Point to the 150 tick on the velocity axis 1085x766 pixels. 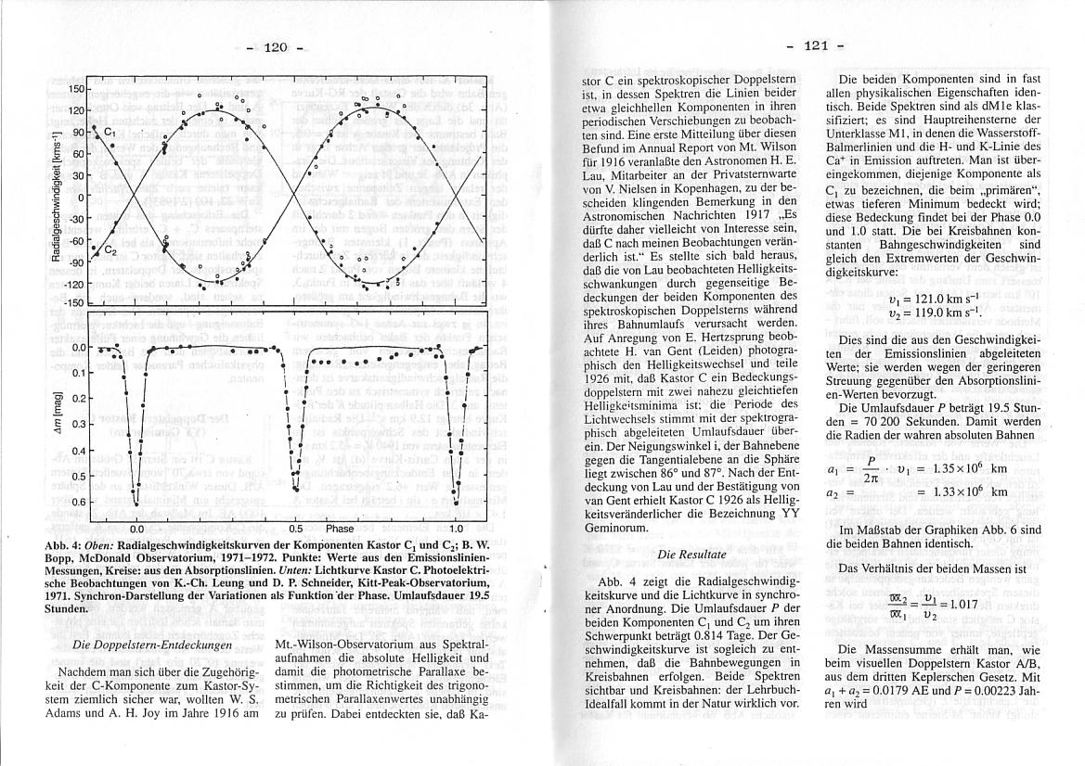(x=75, y=89)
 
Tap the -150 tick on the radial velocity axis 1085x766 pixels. (x=73, y=303)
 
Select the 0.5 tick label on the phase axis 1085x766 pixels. (x=295, y=528)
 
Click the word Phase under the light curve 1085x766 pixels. (x=340, y=528)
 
